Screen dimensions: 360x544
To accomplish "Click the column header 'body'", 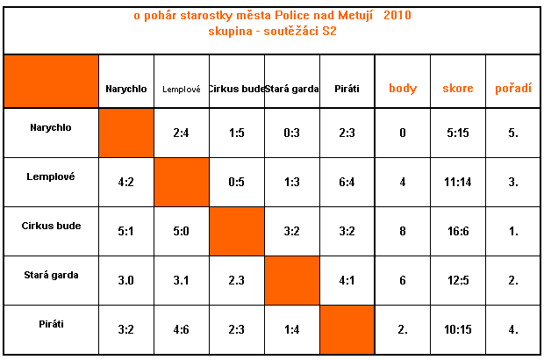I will (x=403, y=88).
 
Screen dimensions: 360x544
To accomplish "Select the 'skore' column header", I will (x=458, y=88).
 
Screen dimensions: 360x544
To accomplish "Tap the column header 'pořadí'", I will (x=512, y=88).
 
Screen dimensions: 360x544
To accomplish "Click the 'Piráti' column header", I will (x=347, y=89).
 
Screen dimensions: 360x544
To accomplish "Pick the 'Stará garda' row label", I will (x=51, y=275).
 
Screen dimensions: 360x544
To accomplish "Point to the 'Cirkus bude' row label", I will (x=51, y=226).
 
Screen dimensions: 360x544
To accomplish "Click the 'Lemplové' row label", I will (x=51, y=176).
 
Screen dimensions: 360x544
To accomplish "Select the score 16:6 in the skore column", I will (x=458, y=232).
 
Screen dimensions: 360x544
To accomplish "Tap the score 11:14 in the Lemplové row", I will (x=458, y=183).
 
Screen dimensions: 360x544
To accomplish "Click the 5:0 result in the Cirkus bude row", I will (x=182, y=232).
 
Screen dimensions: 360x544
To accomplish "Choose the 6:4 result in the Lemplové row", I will (x=347, y=183).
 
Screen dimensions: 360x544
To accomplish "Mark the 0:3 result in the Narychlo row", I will (x=292, y=133).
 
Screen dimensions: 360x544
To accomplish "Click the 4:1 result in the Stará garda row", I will (x=347, y=281).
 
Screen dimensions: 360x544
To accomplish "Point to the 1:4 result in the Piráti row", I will (x=292, y=330).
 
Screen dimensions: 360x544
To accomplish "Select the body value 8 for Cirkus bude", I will (x=403, y=232).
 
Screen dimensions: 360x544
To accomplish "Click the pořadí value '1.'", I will (x=512, y=232).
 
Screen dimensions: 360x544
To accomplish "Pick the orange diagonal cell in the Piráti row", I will (x=347, y=329).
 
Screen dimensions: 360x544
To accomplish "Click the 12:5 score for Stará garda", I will (x=458, y=281).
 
